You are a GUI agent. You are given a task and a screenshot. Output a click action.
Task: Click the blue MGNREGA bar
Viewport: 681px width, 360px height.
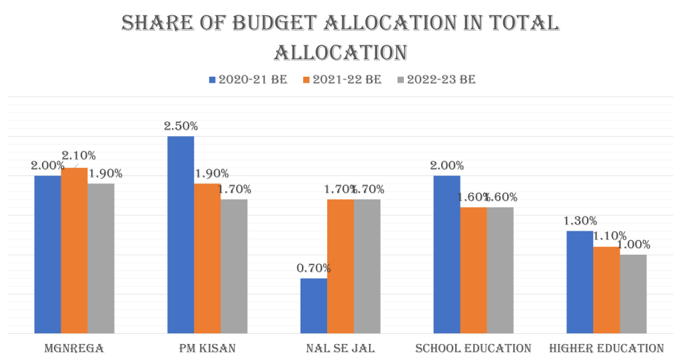coord(47,253)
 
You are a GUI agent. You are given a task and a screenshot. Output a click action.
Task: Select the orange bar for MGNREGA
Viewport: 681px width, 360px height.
coord(74,250)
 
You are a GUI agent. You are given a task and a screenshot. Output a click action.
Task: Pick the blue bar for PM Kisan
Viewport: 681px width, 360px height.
coord(181,234)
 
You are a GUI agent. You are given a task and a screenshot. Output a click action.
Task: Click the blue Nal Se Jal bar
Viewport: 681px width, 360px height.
coord(313,305)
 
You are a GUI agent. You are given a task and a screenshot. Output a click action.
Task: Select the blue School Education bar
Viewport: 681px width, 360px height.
coord(446,253)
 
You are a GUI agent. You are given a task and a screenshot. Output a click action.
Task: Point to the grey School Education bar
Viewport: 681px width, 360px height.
coord(500,269)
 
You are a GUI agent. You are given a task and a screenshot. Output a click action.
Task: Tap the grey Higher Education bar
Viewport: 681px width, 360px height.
coord(633,293)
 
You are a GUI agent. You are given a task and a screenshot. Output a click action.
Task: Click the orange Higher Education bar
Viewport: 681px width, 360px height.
coord(606,289)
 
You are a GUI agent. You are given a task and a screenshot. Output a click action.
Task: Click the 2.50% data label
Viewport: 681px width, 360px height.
coord(181,125)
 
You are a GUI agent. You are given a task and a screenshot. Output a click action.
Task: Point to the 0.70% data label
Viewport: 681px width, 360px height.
coord(313,268)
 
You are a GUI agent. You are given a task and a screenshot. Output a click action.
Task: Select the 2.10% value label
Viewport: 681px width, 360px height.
coord(79,155)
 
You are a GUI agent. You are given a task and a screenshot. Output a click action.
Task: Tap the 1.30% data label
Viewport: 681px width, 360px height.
coord(580,221)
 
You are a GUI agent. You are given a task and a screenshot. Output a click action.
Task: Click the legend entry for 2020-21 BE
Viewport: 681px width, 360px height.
coord(248,79)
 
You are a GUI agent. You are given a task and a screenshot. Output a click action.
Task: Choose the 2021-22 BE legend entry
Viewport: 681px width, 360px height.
coord(342,79)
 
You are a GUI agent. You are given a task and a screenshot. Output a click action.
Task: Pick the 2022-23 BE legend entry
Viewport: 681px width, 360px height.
coord(436,79)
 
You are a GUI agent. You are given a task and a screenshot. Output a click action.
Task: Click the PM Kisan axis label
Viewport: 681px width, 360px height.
coord(207,348)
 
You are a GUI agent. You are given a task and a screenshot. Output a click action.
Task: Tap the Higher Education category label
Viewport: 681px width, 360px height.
coord(606,348)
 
